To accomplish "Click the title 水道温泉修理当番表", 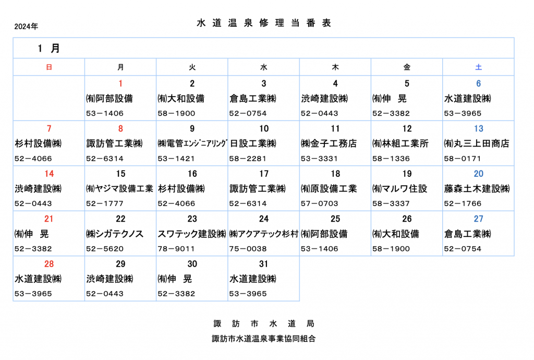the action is tap(264, 23).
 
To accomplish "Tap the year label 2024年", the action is tap(26, 26).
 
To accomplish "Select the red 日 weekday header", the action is tap(49, 67).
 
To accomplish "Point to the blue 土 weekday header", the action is tap(479, 67).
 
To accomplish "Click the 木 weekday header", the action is tap(335, 67).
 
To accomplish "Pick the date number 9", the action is tap(192, 128).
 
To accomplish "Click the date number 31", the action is tap(263, 263).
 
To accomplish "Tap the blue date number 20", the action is tap(479, 174).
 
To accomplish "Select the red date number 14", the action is tap(49, 174).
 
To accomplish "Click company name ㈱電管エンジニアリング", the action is tap(192, 143).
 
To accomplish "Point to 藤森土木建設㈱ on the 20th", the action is tap(477, 188).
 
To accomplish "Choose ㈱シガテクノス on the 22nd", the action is tap(115, 234).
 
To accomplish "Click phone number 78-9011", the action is tap(176, 249).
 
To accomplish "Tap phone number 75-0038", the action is tap(248, 249).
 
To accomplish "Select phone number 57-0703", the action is tap(320, 203).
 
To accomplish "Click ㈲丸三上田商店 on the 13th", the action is tap(477, 143).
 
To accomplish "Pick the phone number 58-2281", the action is tap(248, 159).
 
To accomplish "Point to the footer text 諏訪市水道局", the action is tap(264, 323).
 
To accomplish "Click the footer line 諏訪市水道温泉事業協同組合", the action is tap(264, 339).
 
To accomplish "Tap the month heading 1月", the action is tap(48, 49).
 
